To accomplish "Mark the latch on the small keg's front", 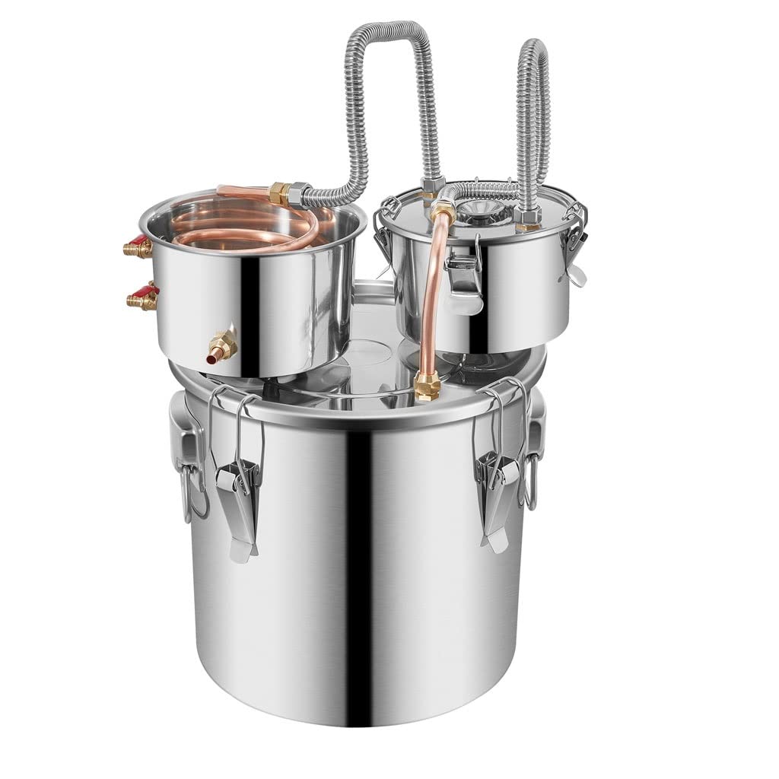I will pyautogui.click(x=463, y=275).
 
